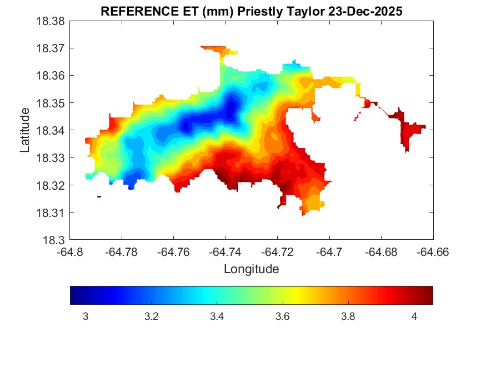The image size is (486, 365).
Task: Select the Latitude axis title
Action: point(25,131)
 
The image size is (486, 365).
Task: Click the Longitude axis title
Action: point(251,269)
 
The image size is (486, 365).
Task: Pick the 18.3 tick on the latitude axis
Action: point(56,240)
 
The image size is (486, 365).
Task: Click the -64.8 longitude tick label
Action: point(71,252)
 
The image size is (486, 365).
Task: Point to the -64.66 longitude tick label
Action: point(433,252)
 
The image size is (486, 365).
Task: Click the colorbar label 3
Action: point(86,317)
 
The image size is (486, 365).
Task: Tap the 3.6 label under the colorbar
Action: point(282,317)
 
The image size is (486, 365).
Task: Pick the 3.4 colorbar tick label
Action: point(217,317)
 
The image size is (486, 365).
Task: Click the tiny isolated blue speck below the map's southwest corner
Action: point(99,196)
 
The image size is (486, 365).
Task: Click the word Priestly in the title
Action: point(255,11)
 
